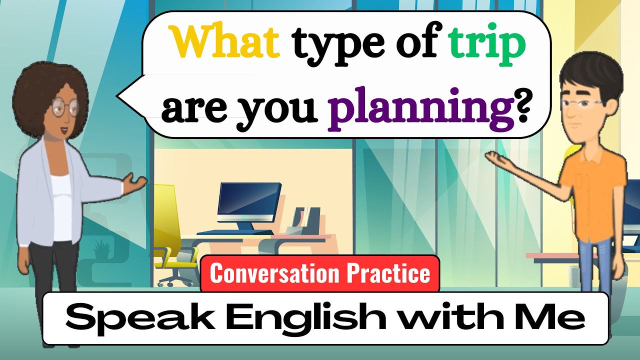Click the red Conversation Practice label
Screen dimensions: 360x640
click(320, 273)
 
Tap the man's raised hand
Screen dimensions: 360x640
click(497, 158)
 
